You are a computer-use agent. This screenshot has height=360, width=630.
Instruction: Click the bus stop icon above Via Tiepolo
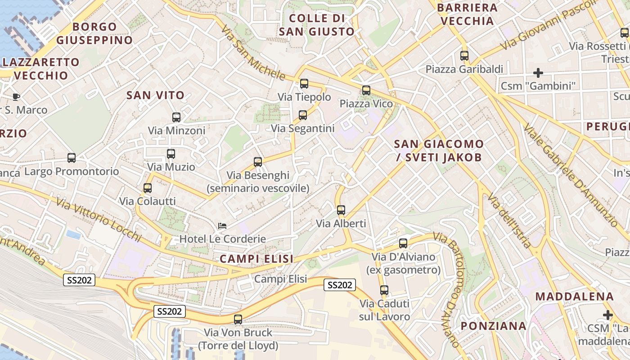pos(304,84)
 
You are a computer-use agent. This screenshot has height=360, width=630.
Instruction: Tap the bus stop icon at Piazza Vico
pos(366,90)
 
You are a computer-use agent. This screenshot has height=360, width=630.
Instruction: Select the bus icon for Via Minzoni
pos(176,117)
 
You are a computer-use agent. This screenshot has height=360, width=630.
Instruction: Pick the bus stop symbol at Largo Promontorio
pos(72,158)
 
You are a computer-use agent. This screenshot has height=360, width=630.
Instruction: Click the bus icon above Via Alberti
pos(341,210)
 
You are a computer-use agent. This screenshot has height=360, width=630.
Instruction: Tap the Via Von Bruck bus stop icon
pos(238,319)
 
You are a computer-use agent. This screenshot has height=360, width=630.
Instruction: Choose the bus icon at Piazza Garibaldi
pos(464,56)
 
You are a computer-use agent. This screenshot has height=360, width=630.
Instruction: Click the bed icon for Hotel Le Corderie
pos(222,226)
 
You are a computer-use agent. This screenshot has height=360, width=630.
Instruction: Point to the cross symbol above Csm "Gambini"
pos(538,72)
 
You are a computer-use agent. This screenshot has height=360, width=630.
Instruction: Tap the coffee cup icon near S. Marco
pos(16,97)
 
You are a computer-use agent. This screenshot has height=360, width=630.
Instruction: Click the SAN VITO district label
pos(156,95)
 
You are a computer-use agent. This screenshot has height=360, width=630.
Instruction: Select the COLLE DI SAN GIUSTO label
pos(317,25)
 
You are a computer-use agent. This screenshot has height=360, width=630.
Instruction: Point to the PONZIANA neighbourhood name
pos(494,326)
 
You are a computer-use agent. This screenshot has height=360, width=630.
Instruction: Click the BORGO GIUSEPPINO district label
pos(94,33)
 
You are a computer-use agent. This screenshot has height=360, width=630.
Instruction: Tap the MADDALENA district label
pos(575,297)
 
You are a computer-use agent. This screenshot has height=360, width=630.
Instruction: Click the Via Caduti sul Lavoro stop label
pos(385,310)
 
